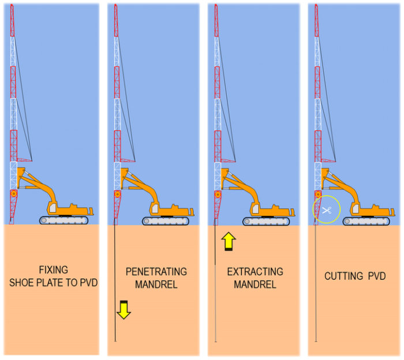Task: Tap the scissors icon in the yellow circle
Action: click(x=326, y=211)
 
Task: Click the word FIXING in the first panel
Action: click(x=53, y=270)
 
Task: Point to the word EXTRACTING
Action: click(x=255, y=271)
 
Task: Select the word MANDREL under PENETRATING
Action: click(x=156, y=284)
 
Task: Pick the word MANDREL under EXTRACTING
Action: click(x=255, y=284)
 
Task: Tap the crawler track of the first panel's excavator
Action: click(x=66, y=220)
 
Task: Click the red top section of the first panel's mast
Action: click(x=12, y=23)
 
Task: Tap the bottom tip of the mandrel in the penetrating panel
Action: click(x=115, y=341)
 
